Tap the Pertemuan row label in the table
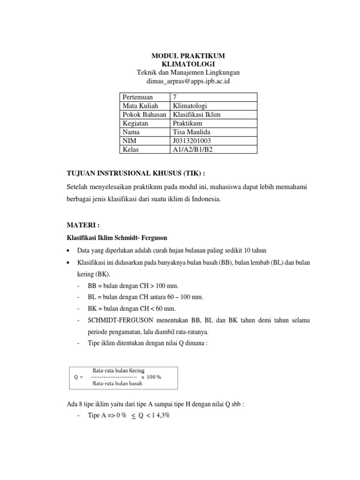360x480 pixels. point(138,97)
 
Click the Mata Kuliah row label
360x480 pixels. point(141,106)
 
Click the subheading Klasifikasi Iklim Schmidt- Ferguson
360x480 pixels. point(117,238)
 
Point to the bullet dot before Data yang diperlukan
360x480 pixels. point(69,250)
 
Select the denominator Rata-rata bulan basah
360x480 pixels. point(117,383)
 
